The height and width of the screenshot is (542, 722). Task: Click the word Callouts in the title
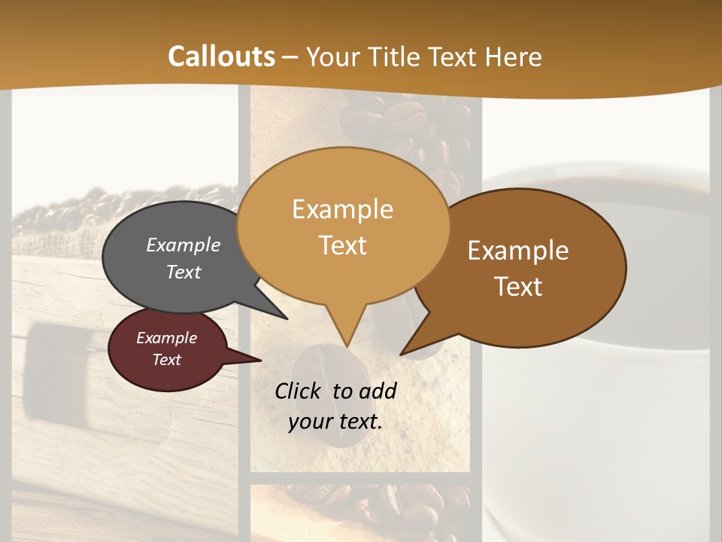point(221,56)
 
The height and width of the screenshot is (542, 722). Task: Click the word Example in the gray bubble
point(183,245)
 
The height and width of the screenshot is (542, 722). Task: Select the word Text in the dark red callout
point(166,360)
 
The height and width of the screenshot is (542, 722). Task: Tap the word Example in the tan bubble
point(342,209)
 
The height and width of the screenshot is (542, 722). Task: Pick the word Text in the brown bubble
point(518,286)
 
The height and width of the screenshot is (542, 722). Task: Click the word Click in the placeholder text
point(297,391)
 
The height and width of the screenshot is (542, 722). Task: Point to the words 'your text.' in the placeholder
point(335,422)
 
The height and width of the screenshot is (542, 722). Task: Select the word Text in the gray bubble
point(183,272)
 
